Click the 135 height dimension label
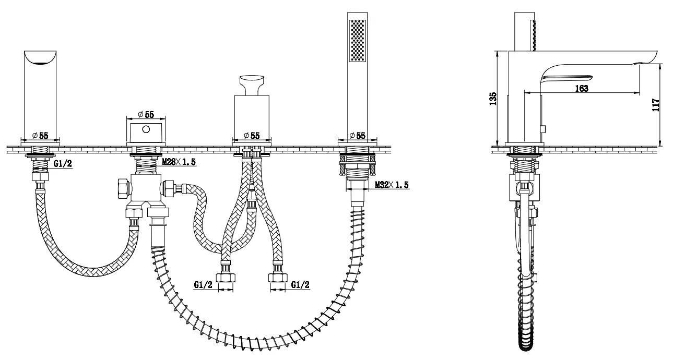[x=493, y=99]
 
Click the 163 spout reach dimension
[x=581, y=88]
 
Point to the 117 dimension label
[x=656, y=105]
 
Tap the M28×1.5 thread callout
[x=179, y=162]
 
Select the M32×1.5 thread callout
[x=392, y=185]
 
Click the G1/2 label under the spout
[x=63, y=164]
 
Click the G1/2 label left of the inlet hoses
[x=203, y=285]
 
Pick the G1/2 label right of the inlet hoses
[x=300, y=285]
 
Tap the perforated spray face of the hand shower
[x=357, y=41]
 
